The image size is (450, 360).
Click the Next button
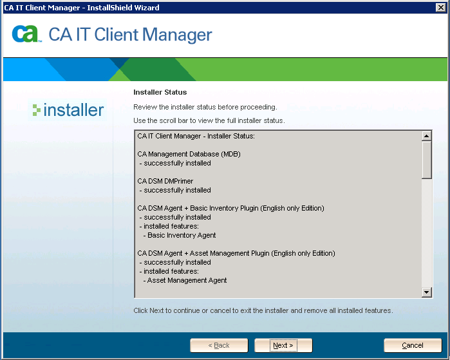(283, 345)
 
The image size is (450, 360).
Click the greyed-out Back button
(219, 345)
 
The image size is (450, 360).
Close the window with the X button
(440, 8)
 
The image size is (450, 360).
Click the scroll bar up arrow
(427, 136)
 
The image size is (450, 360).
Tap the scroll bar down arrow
(427, 292)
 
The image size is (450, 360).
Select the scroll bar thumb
(427, 160)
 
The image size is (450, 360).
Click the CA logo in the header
(26, 34)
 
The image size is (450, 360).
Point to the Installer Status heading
(160, 92)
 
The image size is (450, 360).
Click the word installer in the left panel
(73, 110)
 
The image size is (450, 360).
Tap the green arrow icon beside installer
(37, 110)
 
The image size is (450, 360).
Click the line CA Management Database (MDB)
(189, 154)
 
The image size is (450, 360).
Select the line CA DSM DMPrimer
(165, 181)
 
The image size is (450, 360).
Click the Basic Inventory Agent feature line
(180, 236)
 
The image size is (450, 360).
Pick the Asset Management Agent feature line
(185, 281)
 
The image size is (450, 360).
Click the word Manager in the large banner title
(177, 35)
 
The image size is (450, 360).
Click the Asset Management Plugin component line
(236, 253)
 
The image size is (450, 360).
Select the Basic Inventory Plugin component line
(230, 208)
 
